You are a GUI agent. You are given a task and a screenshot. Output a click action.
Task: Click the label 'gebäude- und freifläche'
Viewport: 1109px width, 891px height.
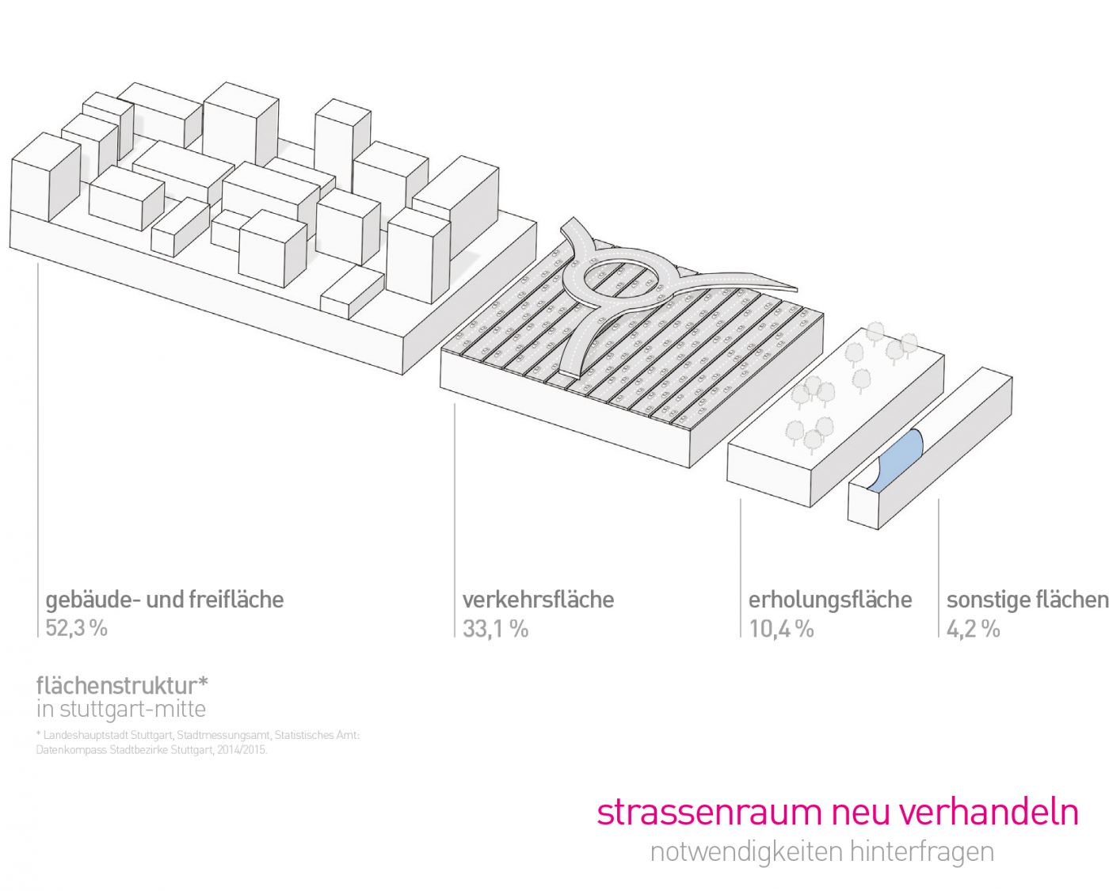coord(164,600)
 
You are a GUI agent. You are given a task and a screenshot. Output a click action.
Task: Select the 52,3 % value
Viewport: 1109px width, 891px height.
coord(76,628)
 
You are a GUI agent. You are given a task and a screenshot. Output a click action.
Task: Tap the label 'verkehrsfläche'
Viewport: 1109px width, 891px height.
coord(538,600)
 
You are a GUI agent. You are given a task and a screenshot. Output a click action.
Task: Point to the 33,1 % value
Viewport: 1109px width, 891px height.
coord(495,629)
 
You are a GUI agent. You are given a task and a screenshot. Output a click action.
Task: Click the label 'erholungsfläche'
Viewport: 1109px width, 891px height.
coord(829,600)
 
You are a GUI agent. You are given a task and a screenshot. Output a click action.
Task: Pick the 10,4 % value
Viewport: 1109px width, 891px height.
coord(781,629)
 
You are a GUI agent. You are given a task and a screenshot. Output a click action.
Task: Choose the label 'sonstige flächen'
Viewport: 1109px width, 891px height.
coord(1027,600)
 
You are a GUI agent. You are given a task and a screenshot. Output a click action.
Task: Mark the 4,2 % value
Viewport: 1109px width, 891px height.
coord(973,629)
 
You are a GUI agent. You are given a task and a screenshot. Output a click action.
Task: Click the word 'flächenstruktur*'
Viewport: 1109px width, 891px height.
coord(122,684)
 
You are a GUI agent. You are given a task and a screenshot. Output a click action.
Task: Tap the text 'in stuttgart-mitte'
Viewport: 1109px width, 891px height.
coord(120,708)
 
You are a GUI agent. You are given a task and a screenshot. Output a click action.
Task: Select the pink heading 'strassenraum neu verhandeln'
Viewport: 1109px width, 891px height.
coord(837,813)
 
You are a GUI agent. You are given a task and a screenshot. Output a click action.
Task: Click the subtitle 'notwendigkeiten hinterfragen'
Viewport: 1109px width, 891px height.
coord(821,851)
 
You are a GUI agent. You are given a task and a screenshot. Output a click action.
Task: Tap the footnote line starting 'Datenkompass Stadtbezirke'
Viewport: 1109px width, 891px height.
coord(151,749)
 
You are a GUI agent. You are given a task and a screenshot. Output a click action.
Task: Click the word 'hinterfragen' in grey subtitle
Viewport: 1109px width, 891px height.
coord(921,851)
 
